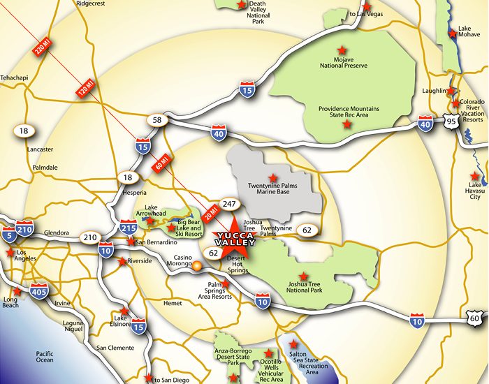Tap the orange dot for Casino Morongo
click(198, 265)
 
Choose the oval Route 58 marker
click(157, 121)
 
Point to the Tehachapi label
click(16, 97)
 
